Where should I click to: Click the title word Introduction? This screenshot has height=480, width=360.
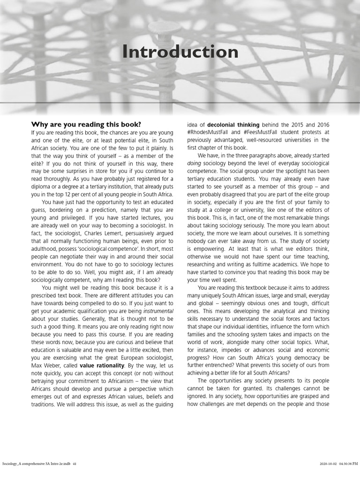pos(180,52)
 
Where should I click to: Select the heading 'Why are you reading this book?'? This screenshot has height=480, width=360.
pos(86,125)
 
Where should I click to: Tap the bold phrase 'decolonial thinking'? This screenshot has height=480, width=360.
pos(233,125)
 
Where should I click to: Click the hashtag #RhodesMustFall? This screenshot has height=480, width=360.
pos(210,132)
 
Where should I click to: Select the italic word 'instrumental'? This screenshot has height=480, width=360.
pos(158,311)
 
